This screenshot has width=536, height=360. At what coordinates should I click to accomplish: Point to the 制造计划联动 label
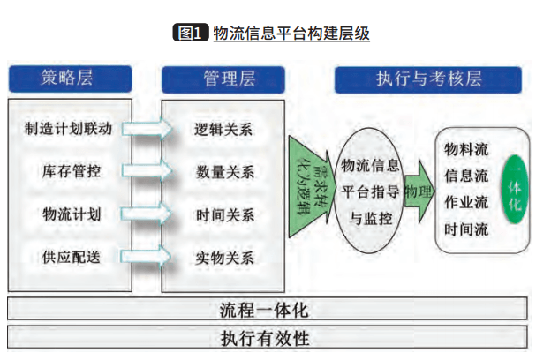[x=69, y=129]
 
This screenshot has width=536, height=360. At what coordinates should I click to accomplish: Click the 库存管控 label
[x=69, y=170]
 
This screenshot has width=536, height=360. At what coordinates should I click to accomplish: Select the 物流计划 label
[x=69, y=214]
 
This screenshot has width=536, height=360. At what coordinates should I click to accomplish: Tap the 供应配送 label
[x=69, y=257]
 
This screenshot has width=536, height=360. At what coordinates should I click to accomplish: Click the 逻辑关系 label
[x=224, y=129]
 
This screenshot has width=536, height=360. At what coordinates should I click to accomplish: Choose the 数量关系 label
[x=224, y=172]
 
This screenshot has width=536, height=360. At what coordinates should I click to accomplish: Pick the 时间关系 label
[x=224, y=214]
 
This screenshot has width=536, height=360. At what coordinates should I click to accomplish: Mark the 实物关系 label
[x=224, y=258]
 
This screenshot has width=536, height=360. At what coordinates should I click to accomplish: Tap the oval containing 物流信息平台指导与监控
[x=370, y=189]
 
